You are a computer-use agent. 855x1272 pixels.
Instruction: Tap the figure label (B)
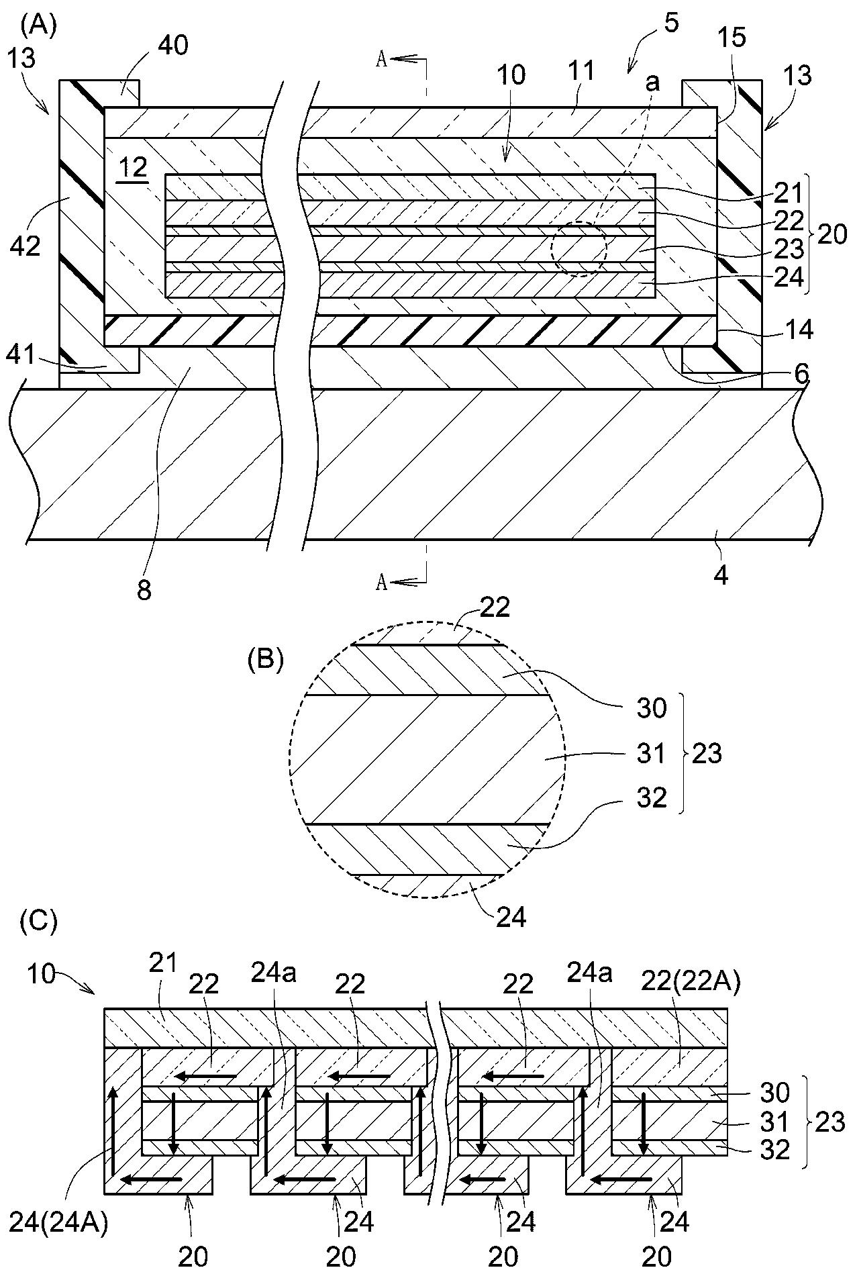[266, 661]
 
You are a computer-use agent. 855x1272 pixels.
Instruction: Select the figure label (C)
[39, 920]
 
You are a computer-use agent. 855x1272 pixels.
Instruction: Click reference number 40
[173, 46]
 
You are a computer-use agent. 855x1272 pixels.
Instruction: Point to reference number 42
[26, 246]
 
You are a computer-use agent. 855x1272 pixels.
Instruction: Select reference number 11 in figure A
[581, 70]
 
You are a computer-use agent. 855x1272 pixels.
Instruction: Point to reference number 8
[144, 590]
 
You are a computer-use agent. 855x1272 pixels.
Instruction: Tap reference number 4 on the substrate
[721, 575]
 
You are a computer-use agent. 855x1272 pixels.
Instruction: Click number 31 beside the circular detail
[651, 754]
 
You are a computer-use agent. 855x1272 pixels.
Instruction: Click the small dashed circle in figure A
[579, 249]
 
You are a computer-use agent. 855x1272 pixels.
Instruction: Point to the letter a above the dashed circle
[651, 83]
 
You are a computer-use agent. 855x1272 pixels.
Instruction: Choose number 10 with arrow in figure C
[42, 973]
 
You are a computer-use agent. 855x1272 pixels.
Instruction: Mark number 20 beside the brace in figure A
[832, 234]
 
